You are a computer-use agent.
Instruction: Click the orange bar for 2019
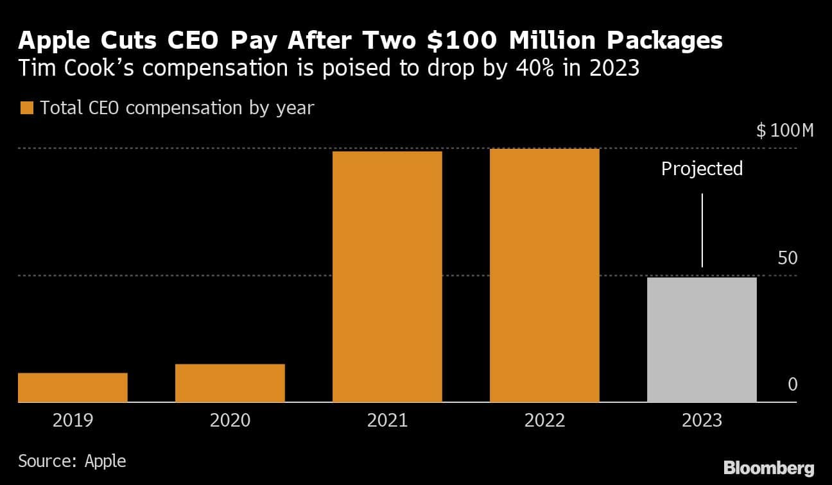(x=73, y=387)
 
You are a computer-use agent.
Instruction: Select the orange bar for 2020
(x=230, y=383)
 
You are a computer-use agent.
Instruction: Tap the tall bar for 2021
(x=387, y=277)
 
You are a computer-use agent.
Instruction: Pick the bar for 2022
(x=544, y=275)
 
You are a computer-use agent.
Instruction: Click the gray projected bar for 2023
(x=702, y=339)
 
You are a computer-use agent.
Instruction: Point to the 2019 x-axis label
(x=73, y=421)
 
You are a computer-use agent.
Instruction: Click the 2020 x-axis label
(x=230, y=421)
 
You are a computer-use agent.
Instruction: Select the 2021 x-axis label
(x=387, y=421)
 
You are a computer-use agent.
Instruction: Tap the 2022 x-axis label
(x=544, y=421)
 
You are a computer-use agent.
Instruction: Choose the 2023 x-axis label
(x=702, y=421)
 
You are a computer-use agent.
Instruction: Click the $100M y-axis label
(x=784, y=132)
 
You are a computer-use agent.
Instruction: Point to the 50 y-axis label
(x=787, y=259)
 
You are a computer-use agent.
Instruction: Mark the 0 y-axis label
(x=792, y=385)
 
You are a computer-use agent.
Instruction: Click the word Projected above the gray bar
(x=702, y=169)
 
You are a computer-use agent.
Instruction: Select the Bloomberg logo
(x=768, y=468)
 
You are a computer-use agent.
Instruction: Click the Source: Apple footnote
(x=72, y=461)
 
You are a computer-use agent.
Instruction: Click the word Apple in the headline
(x=51, y=42)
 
